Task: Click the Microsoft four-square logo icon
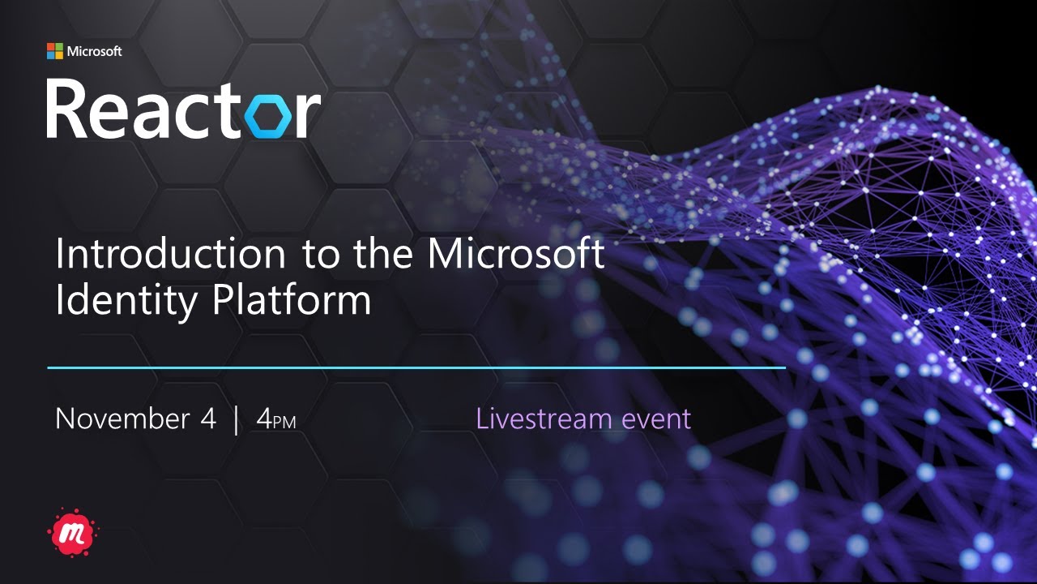(x=54, y=51)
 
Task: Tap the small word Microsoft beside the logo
(x=94, y=51)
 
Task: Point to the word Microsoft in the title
(x=516, y=254)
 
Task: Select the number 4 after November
(x=208, y=419)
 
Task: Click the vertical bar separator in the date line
(x=236, y=420)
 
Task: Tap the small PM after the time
(x=284, y=423)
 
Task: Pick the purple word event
(x=656, y=419)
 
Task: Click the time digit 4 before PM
(x=263, y=419)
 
